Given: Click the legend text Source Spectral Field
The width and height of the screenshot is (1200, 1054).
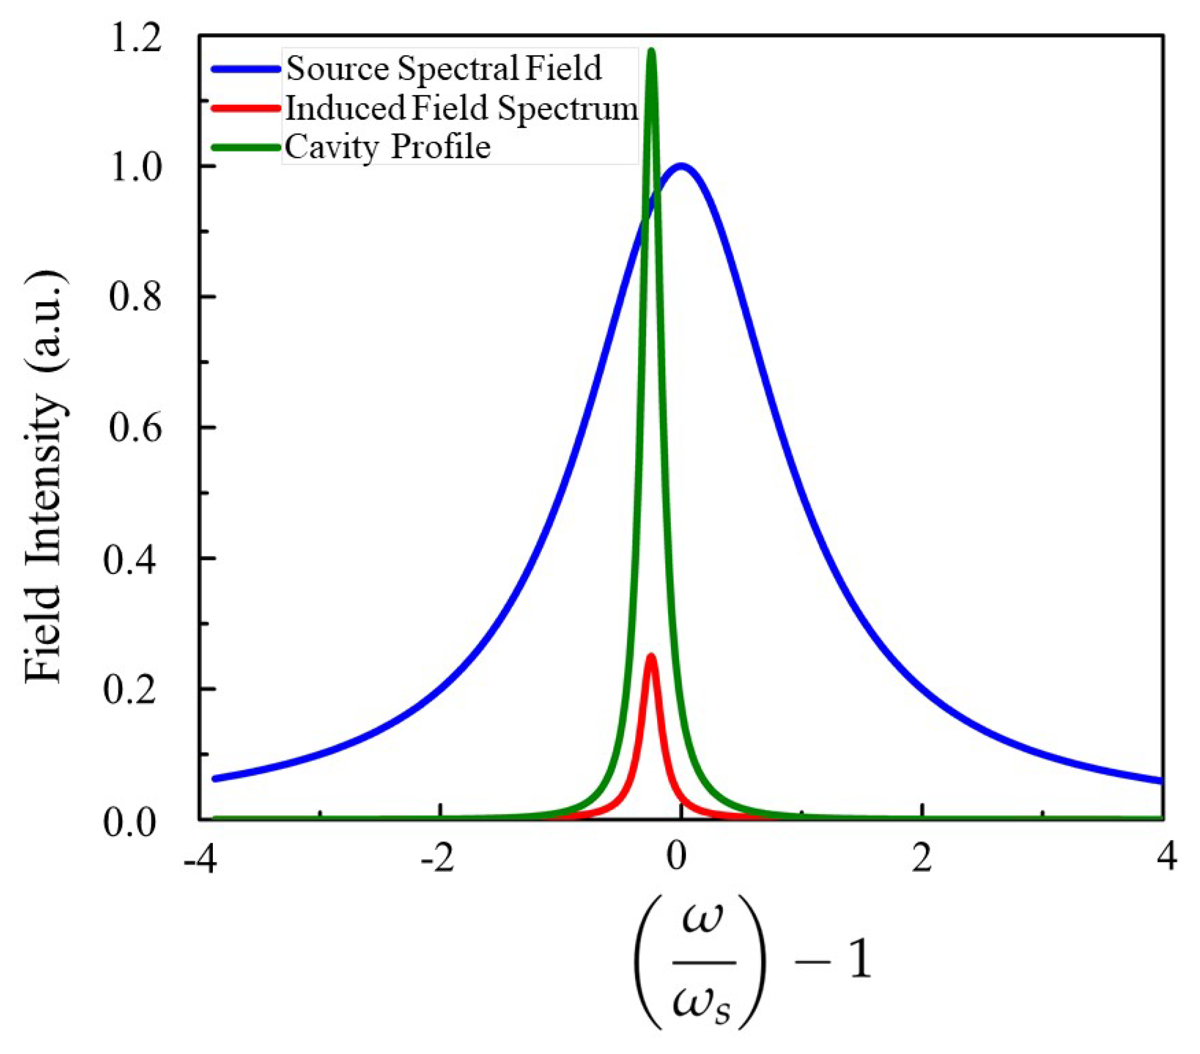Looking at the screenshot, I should pos(444,69).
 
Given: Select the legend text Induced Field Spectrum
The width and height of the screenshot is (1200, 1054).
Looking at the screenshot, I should pos(461,109).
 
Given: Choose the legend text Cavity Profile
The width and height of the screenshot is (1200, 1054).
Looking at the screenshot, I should pos(387,147).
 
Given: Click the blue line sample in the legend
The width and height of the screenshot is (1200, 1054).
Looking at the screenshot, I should pos(245,69).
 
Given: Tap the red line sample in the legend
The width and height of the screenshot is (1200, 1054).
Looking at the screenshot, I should pos(245,108).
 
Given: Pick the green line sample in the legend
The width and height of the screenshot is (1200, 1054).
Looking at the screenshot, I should pos(245,147).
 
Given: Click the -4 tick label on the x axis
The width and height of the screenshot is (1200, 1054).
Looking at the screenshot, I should pos(200,858).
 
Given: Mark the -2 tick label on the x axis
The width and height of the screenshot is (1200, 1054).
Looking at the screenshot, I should pos(437,858).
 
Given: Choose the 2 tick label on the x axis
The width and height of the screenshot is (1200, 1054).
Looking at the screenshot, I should pos(922,858).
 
